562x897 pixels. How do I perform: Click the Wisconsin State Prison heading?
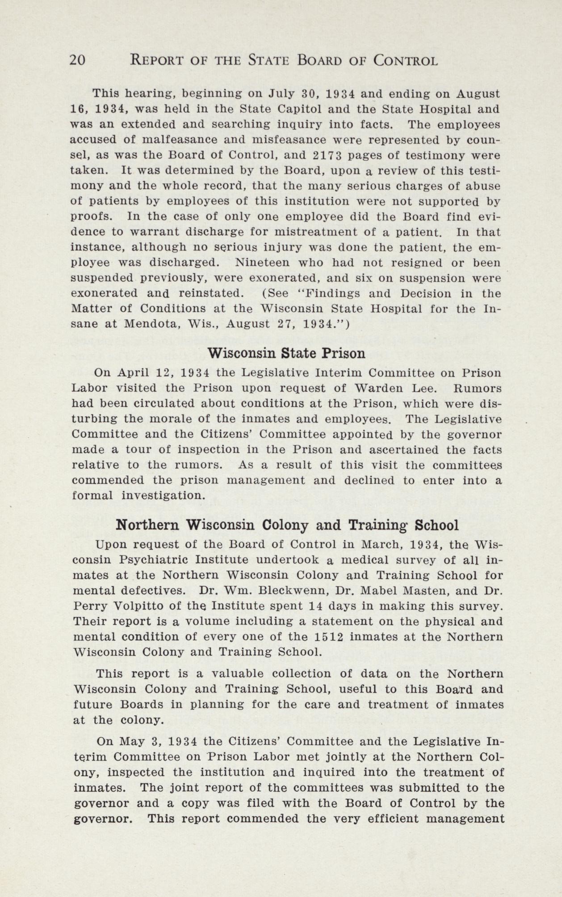pyautogui.click(x=286, y=353)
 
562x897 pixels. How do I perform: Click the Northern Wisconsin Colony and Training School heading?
pyautogui.click(x=287, y=525)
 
